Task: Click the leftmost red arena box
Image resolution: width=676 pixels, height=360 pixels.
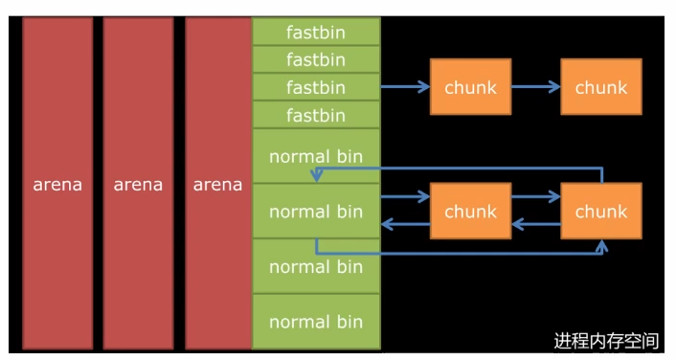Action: tap(57, 183)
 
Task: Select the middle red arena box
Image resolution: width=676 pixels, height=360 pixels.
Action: tap(138, 183)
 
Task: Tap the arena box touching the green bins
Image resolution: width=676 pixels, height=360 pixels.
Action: tap(218, 183)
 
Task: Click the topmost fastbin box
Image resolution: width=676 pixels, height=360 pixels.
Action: tap(316, 32)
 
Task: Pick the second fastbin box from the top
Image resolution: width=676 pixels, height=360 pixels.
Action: tap(316, 59)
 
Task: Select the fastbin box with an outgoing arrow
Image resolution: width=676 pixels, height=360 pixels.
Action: tap(316, 87)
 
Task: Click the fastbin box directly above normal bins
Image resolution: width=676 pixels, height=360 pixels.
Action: tap(316, 115)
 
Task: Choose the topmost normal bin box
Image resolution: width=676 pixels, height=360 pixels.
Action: tap(316, 156)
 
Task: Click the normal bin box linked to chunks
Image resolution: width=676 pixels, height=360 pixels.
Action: tap(316, 211)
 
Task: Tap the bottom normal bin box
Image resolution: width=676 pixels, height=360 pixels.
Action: tap(316, 322)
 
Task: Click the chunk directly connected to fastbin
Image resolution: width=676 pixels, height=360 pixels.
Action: tap(471, 87)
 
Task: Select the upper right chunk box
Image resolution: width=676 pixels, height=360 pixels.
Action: tap(601, 87)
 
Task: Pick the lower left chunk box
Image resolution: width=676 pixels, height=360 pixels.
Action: tap(471, 211)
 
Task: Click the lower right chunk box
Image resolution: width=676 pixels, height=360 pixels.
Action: tap(601, 211)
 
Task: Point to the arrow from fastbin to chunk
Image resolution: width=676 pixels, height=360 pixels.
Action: tap(405, 87)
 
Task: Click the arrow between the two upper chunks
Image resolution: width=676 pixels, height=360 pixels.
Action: tap(536, 87)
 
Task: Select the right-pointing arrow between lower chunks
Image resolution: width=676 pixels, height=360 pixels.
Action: tap(536, 197)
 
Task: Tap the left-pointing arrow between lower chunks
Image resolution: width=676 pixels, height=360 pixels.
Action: tap(536, 224)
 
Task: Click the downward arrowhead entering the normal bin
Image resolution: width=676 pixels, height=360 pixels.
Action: tap(317, 176)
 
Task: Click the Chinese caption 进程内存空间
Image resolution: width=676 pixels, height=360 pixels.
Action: tap(606, 341)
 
